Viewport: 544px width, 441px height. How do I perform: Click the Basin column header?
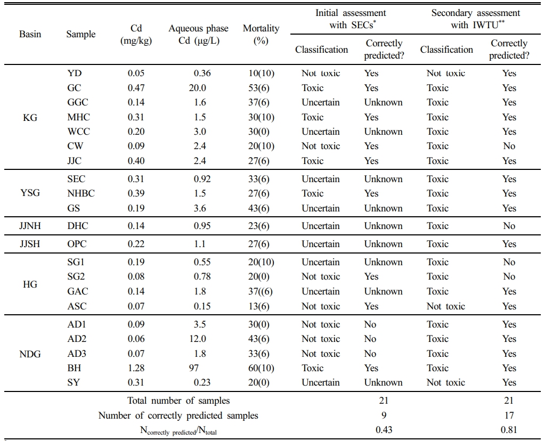(30, 34)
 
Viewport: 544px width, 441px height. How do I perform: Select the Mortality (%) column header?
(261, 34)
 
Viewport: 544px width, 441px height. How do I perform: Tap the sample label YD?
(75, 73)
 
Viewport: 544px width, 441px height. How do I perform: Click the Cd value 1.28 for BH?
(136, 368)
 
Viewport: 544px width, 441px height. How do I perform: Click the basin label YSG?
(30, 193)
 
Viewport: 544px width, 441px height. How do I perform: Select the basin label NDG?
(30, 354)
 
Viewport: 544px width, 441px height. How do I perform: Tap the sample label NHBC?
(81, 193)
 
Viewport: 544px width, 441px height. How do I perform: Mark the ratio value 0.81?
(509, 430)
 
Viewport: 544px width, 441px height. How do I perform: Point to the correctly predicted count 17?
(509, 415)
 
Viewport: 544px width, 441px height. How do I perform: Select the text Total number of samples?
(178, 401)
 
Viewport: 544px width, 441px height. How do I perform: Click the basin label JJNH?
(30, 226)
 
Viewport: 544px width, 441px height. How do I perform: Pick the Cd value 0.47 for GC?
(136, 88)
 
